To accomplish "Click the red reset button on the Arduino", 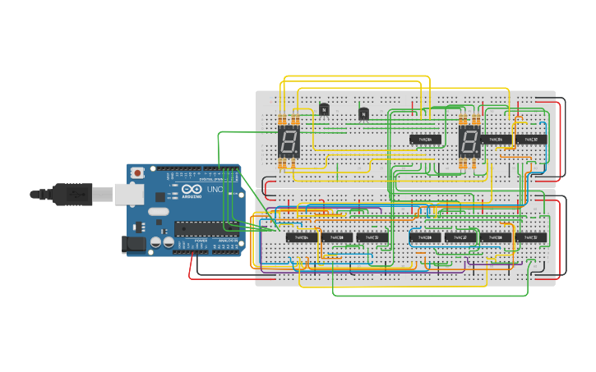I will tap(136, 172).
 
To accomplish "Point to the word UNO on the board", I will tap(215, 189).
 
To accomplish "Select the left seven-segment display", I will tap(289, 142).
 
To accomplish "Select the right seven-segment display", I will tap(469, 142).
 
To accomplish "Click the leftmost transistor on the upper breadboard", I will tap(324, 109).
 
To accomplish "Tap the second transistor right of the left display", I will tap(363, 113).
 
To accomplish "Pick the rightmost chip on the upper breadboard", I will tap(531, 140).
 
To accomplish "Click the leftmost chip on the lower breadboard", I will tap(302, 237).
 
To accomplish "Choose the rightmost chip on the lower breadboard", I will tap(531, 237).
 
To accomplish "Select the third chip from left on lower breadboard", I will tap(372, 237).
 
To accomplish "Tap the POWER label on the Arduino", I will tap(201, 241).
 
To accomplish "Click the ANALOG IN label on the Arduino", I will tap(228, 241).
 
